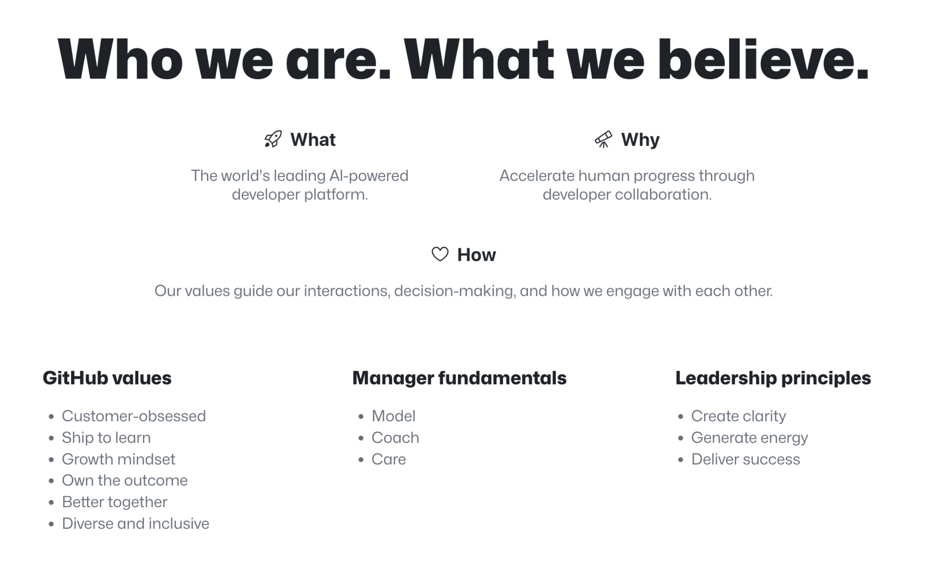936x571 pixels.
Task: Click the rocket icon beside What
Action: pyautogui.click(x=273, y=139)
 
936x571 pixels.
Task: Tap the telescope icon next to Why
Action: pyautogui.click(x=603, y=139)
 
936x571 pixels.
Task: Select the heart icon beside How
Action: pyautogui.click(x=440, y=254)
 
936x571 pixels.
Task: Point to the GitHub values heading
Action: pyautogui.click(x=107, y=378)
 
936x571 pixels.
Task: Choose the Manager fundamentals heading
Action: pyautogui.click(x=459, y=378)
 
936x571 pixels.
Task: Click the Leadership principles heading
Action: pyautogui.click(x=773, y=378)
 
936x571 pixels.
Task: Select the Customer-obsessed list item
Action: pyautogui.click(x=134, y=416)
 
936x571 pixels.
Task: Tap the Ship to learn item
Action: pyautogui.click(x=106, y=438)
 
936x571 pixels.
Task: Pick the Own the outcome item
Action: pyautogui.click(x=125, y=481)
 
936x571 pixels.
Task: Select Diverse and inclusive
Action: pyautogui.click(x=136, y=524)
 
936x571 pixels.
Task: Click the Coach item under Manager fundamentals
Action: pyautogui.click(x=395, y=438)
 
